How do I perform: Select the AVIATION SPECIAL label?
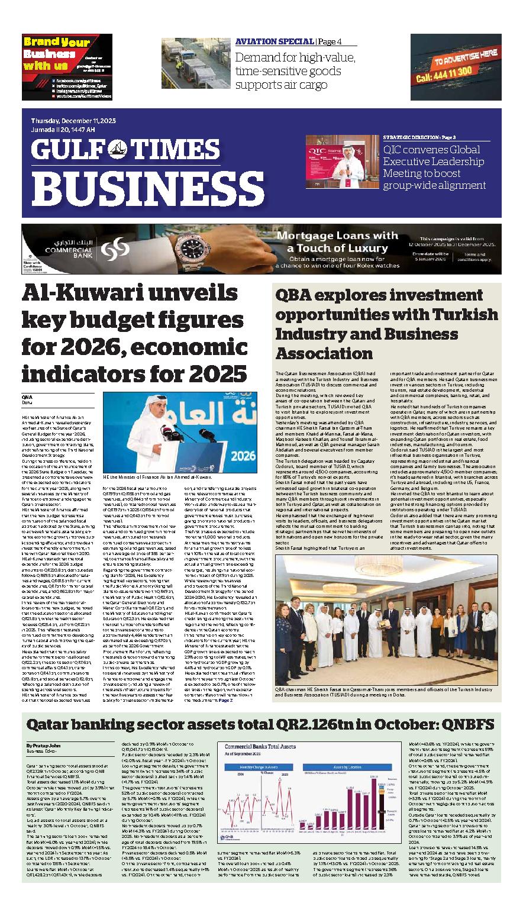tap(275, 41)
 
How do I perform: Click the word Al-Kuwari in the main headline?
tap(83, 293)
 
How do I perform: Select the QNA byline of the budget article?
tap(26, 396)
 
